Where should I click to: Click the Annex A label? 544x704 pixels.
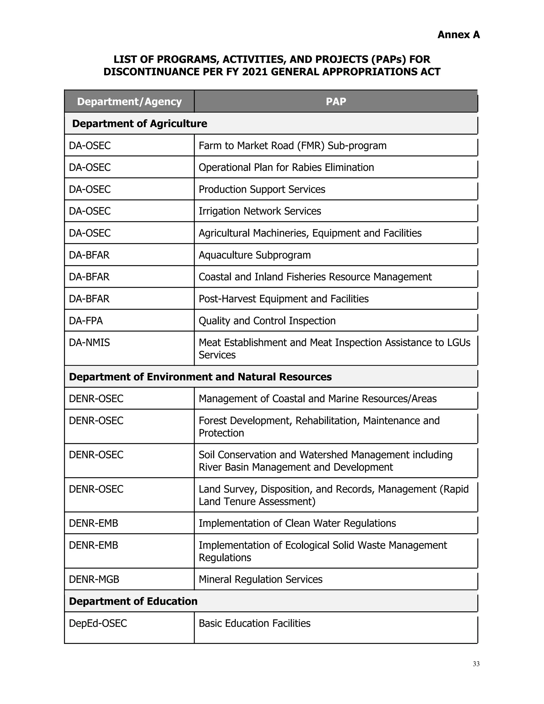[x=458, y=35]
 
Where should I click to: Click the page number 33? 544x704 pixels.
[x=476, y=664]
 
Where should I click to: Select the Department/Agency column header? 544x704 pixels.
[x=129, y=101]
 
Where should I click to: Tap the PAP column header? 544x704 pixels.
[x=335, y=101]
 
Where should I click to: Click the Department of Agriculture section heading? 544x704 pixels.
[x=139, y=124]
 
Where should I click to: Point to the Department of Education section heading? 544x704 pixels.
[x=133, y=601]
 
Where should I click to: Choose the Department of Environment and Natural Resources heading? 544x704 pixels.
[x=200, y=377]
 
